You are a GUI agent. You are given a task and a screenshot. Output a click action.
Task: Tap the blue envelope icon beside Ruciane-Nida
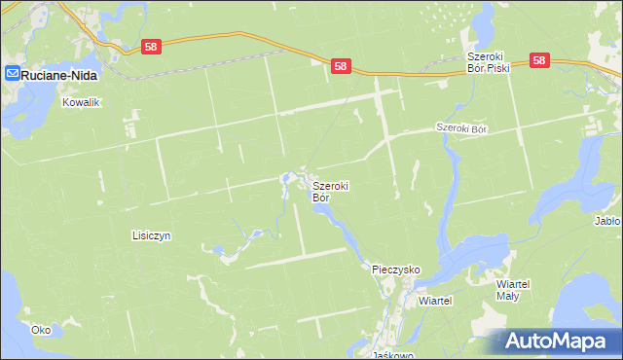13,73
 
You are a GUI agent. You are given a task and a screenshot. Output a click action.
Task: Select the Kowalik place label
81,101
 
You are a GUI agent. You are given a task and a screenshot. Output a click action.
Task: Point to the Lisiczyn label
151,235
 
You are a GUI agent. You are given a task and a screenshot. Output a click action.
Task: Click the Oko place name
40,330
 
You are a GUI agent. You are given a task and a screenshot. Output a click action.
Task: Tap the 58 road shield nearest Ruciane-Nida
150,46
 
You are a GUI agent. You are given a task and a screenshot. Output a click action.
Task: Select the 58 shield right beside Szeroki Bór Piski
541,60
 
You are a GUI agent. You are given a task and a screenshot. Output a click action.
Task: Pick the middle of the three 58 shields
340,66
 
